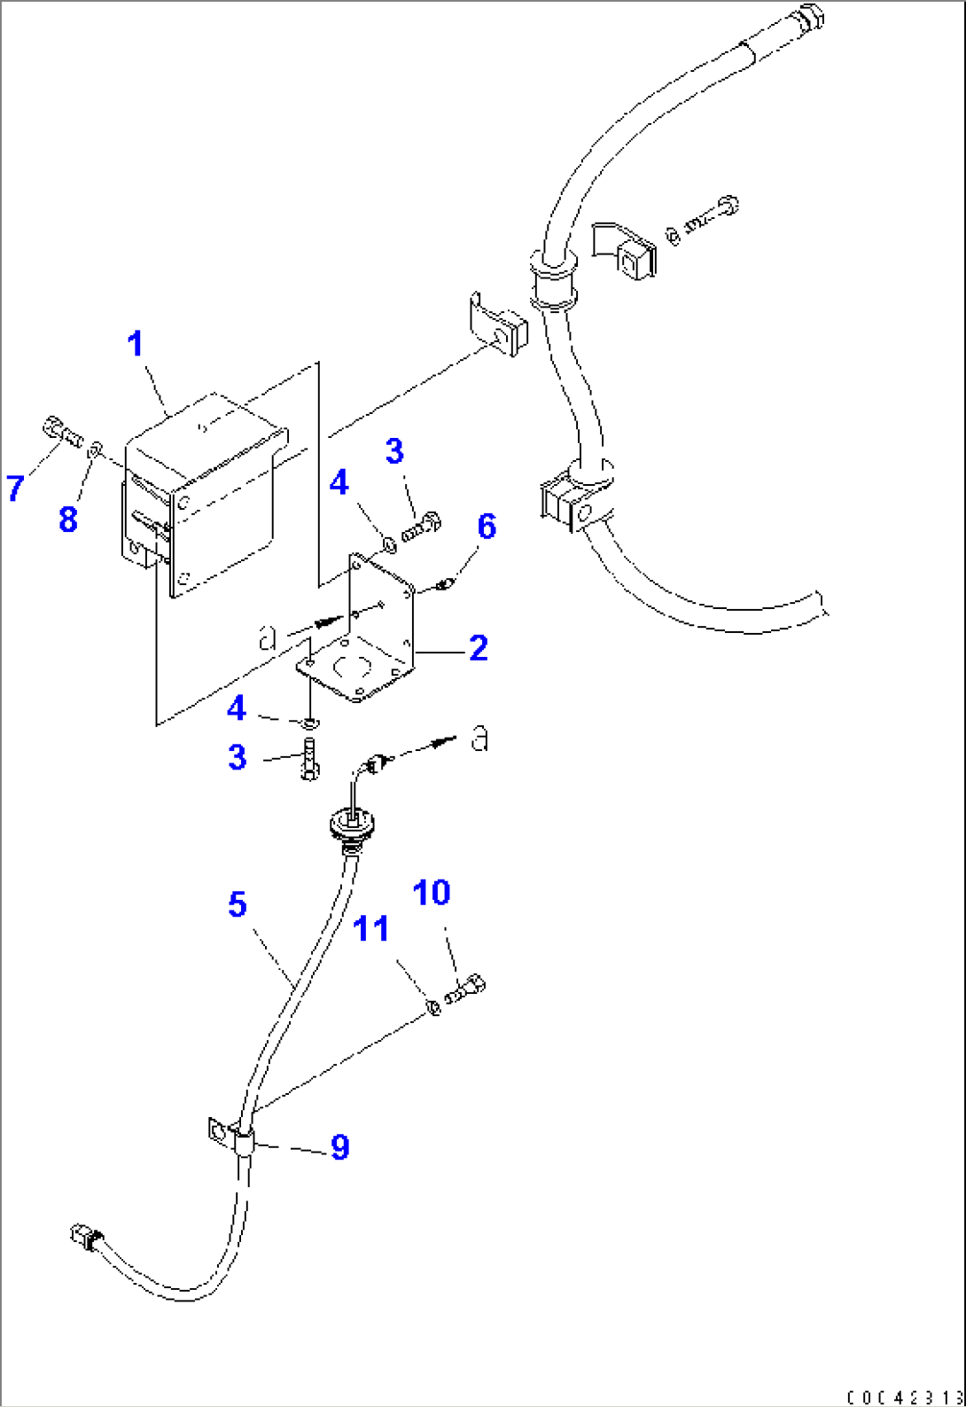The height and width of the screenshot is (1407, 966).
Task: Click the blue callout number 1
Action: (136, 344)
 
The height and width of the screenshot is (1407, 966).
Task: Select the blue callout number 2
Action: (479, 648)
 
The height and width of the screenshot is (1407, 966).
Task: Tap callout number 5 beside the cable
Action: (237, 905)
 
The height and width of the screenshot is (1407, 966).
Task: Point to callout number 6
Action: (487, 527)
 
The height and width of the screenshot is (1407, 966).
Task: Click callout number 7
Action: (15, 488)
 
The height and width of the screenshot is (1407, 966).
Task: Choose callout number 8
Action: (68, 520)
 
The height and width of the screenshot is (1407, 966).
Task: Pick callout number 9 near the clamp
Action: (339, 1147)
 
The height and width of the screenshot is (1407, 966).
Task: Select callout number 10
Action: (432, 893)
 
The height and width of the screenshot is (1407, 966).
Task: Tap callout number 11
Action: (371, 929)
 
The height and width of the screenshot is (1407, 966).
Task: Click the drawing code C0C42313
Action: (904, 1397)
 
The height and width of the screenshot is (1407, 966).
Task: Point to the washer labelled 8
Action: (96, 451)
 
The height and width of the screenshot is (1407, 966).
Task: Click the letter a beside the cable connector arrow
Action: (479, 738)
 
